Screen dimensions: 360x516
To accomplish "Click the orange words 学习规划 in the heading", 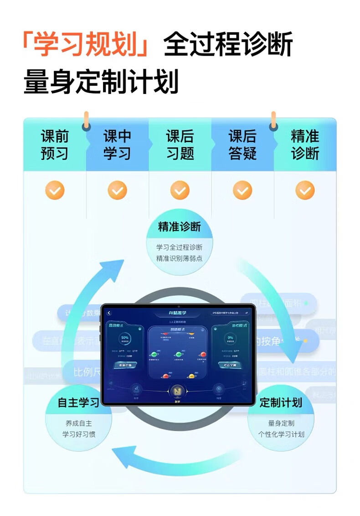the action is pos(85,45).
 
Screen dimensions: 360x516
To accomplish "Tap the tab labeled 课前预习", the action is pos(55,144).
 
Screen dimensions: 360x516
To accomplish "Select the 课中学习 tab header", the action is pos(117,144).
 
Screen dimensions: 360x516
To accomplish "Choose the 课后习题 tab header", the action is pos(180,144).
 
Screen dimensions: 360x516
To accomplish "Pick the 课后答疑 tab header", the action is pos(242,144).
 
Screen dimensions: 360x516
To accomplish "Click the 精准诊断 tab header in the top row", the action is pos(305,144).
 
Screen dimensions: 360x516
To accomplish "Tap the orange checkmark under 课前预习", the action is pos(55,190).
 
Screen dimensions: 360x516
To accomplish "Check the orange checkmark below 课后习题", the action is pos(180,190).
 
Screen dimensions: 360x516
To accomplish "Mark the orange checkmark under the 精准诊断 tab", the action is pos(305,190).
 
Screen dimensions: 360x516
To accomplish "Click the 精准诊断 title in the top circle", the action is pos(179,227).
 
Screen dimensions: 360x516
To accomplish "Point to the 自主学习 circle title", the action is pos(78,402).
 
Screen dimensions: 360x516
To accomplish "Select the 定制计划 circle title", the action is pos(281,402).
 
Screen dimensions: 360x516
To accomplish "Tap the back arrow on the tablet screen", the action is pos(109,313).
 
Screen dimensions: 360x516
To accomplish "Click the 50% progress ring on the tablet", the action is pos(124,340).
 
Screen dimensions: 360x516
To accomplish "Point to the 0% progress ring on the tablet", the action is pos(230,340).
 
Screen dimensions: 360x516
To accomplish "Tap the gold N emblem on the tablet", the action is pos(178,392).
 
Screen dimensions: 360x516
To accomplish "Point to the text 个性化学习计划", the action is pos(281,434).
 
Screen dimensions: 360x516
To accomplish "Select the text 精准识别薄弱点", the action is pos(179,258).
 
